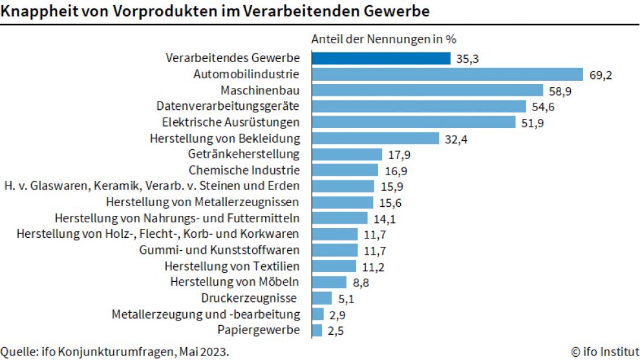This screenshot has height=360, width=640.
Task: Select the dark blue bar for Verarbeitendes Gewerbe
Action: [x=381, y=58]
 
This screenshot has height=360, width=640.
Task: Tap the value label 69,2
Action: [x=601, y=75]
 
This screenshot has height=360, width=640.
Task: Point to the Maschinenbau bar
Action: [x=427, y=90]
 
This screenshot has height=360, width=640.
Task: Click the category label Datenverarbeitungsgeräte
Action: [x=228, y=106]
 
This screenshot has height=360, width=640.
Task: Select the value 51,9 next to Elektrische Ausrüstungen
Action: [x=533, y=122]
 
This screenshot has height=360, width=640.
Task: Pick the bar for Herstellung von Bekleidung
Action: [x=375, y=138]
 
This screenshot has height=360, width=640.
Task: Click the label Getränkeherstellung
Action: [x=244, y=154]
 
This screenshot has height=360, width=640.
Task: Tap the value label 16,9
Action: [x=395, y=171]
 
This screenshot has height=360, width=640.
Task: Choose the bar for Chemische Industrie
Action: [x=345, y=171]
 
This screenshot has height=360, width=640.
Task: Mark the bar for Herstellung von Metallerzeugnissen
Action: [x=342, y=202]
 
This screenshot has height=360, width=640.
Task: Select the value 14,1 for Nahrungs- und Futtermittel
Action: [x=384, y=218]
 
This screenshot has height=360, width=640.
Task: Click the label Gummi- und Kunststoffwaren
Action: [x=220, y=250]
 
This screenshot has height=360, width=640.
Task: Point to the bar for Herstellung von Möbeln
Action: [x=329, y=282]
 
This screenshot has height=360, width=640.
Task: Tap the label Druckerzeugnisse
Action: [x=249, y=298]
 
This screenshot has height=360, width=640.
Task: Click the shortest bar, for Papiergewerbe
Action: [x=317, y=330]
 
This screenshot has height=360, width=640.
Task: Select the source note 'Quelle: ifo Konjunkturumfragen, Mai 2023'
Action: [x=114, y=352]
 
